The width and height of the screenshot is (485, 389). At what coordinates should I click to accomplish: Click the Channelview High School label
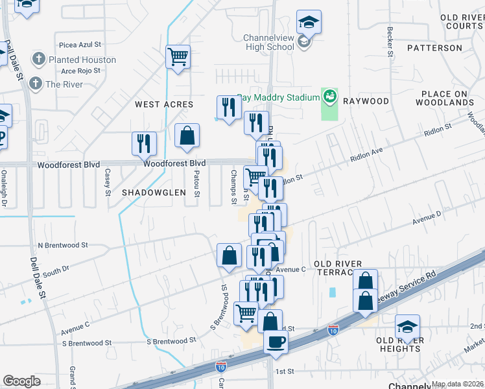pos(268,42)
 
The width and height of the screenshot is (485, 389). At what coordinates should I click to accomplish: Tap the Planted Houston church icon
pos(38,60)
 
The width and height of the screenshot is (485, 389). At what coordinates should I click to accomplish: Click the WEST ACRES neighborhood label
pos(164,104)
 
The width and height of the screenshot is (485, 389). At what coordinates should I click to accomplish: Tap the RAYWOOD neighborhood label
pos(366,101)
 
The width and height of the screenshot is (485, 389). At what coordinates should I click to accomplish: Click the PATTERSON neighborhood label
pos(434,48)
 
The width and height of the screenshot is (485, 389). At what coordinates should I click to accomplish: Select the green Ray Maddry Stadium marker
pos(330,97)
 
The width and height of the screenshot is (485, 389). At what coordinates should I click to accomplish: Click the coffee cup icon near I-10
pos(276,342)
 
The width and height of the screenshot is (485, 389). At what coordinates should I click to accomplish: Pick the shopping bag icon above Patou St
pos(187,136)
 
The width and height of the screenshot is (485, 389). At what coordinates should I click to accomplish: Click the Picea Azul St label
pos(80,45)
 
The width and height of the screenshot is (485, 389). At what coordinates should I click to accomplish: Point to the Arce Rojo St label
pos(78,70)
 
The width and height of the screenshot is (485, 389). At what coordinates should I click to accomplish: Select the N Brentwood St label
pos(62,246)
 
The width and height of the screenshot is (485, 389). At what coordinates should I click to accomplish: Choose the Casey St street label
pos(108,182)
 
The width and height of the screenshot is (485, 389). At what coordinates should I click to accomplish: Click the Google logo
pos(21,381)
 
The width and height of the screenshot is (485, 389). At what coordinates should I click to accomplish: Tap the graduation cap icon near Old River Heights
pos(408,327)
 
